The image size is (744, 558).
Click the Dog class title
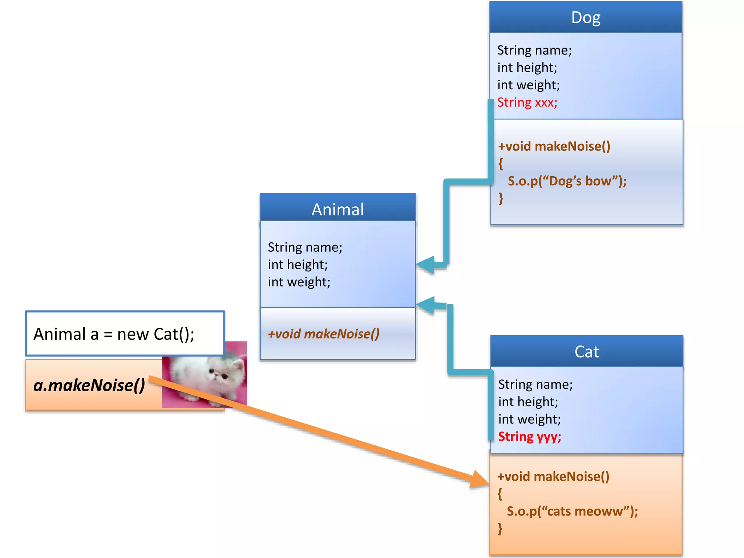[585, 17]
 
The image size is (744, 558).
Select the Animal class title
[337, 210]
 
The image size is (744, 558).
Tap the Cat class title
[586, 352]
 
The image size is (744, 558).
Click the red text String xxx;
[527, 102]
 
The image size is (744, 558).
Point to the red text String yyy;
[529, 436]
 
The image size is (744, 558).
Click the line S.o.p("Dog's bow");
[567, 181]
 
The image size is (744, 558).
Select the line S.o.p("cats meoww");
[572, 511]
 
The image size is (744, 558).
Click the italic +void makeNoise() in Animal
[323, 334]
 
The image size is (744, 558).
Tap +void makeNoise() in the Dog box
[554, 146]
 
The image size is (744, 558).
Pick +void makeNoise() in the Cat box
[553, 476]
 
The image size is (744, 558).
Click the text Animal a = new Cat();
[114, 334]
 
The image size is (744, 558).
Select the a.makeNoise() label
[89, 385]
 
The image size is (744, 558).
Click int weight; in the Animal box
[299, 282]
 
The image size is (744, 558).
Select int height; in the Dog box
[527, 68]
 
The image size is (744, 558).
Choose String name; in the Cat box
[535, 384]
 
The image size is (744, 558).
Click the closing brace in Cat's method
[500, 528]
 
